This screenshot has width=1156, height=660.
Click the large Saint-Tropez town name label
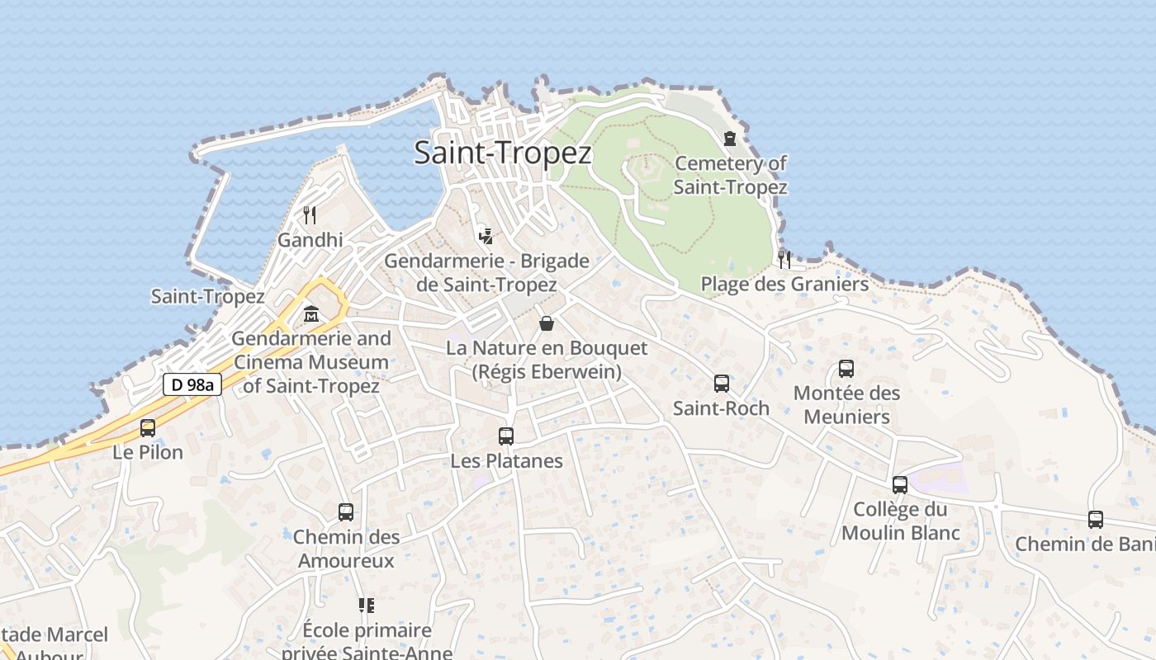pyautogui.click(x=503, y=153)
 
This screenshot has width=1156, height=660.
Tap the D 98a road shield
pyautogui.click(x=192, y=384)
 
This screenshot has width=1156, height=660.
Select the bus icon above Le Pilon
pyautogui.click(x=148, y=428)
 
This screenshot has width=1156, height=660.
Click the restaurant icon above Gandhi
pyautogui.click(x=310, y=215)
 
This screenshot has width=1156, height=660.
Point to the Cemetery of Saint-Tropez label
pyautogui.click(x=730, y=175)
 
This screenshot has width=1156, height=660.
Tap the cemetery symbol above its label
pyautogui.click(x=730, y=139)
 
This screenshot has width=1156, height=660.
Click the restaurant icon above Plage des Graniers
pyautogui.click(x=784, y=259)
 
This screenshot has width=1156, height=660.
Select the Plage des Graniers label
pyautogui.click(x=784, y=285)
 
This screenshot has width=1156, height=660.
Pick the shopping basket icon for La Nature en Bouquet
pyautogui.click(x=546, y=323)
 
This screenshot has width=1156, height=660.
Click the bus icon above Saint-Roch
pyautogui.click(x=722, y=384)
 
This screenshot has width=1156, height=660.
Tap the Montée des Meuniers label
pyautogui.click(x=846, y=404)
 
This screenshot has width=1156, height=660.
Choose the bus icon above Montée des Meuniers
pyautogui.click(x=846, y=369)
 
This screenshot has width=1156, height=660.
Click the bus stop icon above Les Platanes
pyautogui.click(x=506, y=436)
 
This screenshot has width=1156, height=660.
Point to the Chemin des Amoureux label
pyautogui.click(x=346, y=549)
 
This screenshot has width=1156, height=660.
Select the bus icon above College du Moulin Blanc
pyautogui.click(x=900, y=485)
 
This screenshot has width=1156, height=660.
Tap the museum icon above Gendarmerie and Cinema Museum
pyautogui.click(x=311, y=314)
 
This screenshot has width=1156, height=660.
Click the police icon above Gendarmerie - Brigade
pyautogui.click(x=486, y=236)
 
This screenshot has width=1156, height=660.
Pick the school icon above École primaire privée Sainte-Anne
pyautogui.click(x=367, y=606)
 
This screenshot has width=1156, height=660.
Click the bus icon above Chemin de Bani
pyautogui.click(x=1096, y=520)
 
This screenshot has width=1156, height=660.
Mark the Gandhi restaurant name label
pyautogui.click(x=310, y=240)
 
